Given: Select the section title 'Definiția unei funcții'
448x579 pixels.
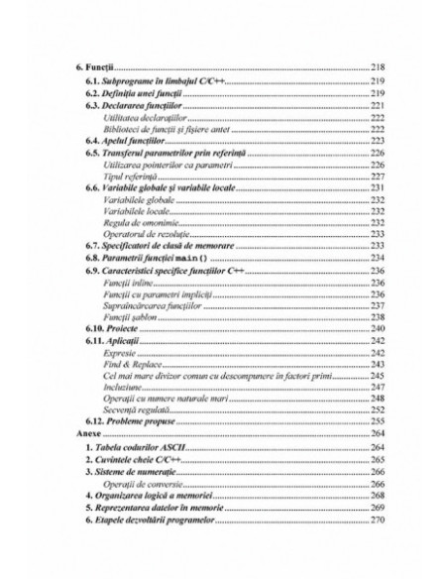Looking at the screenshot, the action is coord(144,91).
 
